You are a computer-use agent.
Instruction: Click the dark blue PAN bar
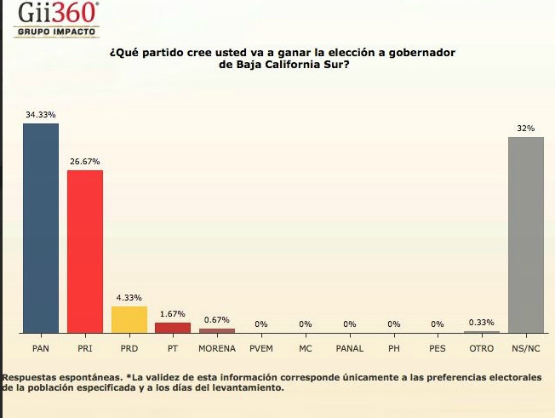click(x=41, y=228)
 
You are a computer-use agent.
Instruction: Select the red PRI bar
click(x=85, y=251)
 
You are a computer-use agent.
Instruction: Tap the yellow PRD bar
click(x=129, y=319)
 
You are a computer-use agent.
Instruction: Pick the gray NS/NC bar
click(x=525, y=234)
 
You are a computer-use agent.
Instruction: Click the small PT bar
click(x=173, y=328)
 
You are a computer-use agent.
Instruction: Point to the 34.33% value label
click(x=41, y=114)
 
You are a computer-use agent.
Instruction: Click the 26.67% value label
click(x=85, y=161)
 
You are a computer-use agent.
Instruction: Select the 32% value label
click(x=525, y=128)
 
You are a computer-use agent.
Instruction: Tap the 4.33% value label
click(x=129, y=297)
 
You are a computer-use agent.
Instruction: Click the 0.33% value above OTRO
click(x=482, y=322)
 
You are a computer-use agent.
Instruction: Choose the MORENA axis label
click(x=217, y=348)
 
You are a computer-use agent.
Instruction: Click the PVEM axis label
click(x=261, y=348)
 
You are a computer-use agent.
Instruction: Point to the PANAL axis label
click(x=349, y=348)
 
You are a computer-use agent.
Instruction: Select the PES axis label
click(x=438, y=348)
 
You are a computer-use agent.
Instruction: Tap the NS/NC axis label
click(x=525, y=348)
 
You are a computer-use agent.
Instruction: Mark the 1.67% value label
click(x=173, y=314)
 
